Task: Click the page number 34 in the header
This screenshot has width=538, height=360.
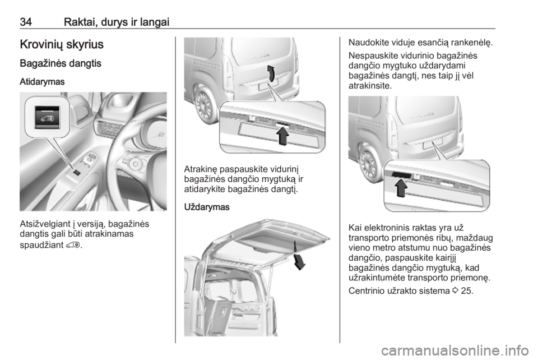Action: [26, 22]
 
